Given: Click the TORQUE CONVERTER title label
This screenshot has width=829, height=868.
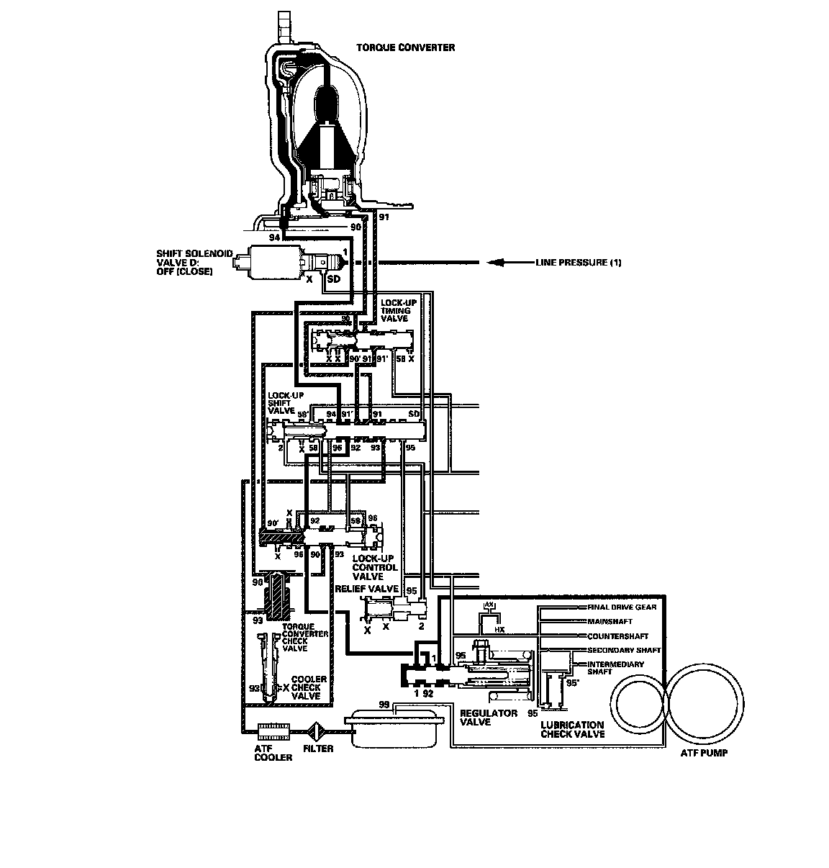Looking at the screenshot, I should click(406, 48).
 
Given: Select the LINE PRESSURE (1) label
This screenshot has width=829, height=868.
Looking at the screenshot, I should click(578, 263).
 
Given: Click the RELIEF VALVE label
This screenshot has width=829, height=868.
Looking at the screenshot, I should click(367, 588).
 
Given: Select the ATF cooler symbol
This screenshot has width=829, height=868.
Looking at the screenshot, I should click(273, 732).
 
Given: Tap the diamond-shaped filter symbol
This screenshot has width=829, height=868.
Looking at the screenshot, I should click(317, 732).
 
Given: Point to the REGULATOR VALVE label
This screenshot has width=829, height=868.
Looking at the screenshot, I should click(489, 718).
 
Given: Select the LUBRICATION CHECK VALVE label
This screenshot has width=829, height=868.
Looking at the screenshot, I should click(572, 730).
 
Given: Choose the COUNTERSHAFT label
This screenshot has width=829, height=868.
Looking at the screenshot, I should click(617, 636).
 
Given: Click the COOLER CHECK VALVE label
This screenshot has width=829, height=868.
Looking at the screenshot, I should click(308, 687).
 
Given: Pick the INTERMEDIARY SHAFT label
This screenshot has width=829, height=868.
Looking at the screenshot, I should click(615, 667).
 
